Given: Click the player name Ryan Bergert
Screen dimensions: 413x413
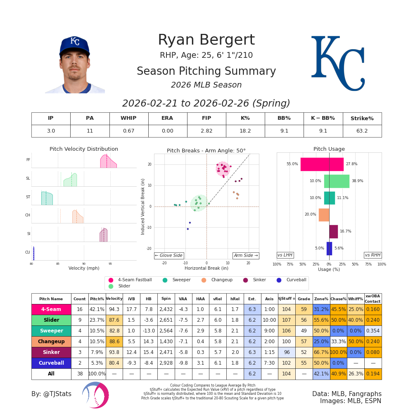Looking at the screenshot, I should point(206,40).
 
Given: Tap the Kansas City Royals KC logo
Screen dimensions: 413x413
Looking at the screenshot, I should point(338,63).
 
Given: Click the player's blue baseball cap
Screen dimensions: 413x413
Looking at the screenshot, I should point(74,44).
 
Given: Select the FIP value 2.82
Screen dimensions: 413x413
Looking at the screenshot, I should point(206,131).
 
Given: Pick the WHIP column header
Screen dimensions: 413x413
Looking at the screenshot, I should point(128,119).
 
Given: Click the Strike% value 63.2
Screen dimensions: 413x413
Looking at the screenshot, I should point(362,131).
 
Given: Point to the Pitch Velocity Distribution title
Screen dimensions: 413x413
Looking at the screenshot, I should point(84,149).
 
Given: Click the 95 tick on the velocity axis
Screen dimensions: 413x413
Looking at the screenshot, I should point(110,263).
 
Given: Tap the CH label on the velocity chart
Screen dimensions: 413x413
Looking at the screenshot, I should point(28,215).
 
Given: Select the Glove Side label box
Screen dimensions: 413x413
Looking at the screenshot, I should point(169,256).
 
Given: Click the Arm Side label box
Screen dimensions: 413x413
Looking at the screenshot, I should point(245,256).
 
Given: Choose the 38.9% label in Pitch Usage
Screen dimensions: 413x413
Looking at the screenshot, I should point(357,181).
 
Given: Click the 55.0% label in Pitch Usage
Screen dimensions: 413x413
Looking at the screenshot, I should point(292,164).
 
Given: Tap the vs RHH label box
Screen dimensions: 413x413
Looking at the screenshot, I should point(373,255).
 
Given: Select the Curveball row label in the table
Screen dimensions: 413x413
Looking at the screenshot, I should point(51,363).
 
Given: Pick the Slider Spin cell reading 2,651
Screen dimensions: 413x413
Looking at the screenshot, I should point(166,320).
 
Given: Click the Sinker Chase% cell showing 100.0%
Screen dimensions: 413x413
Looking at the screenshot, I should point(338,352).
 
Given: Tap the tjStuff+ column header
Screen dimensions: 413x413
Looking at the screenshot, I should point(286,299).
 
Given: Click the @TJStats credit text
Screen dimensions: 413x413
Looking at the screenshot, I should point(51,394).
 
